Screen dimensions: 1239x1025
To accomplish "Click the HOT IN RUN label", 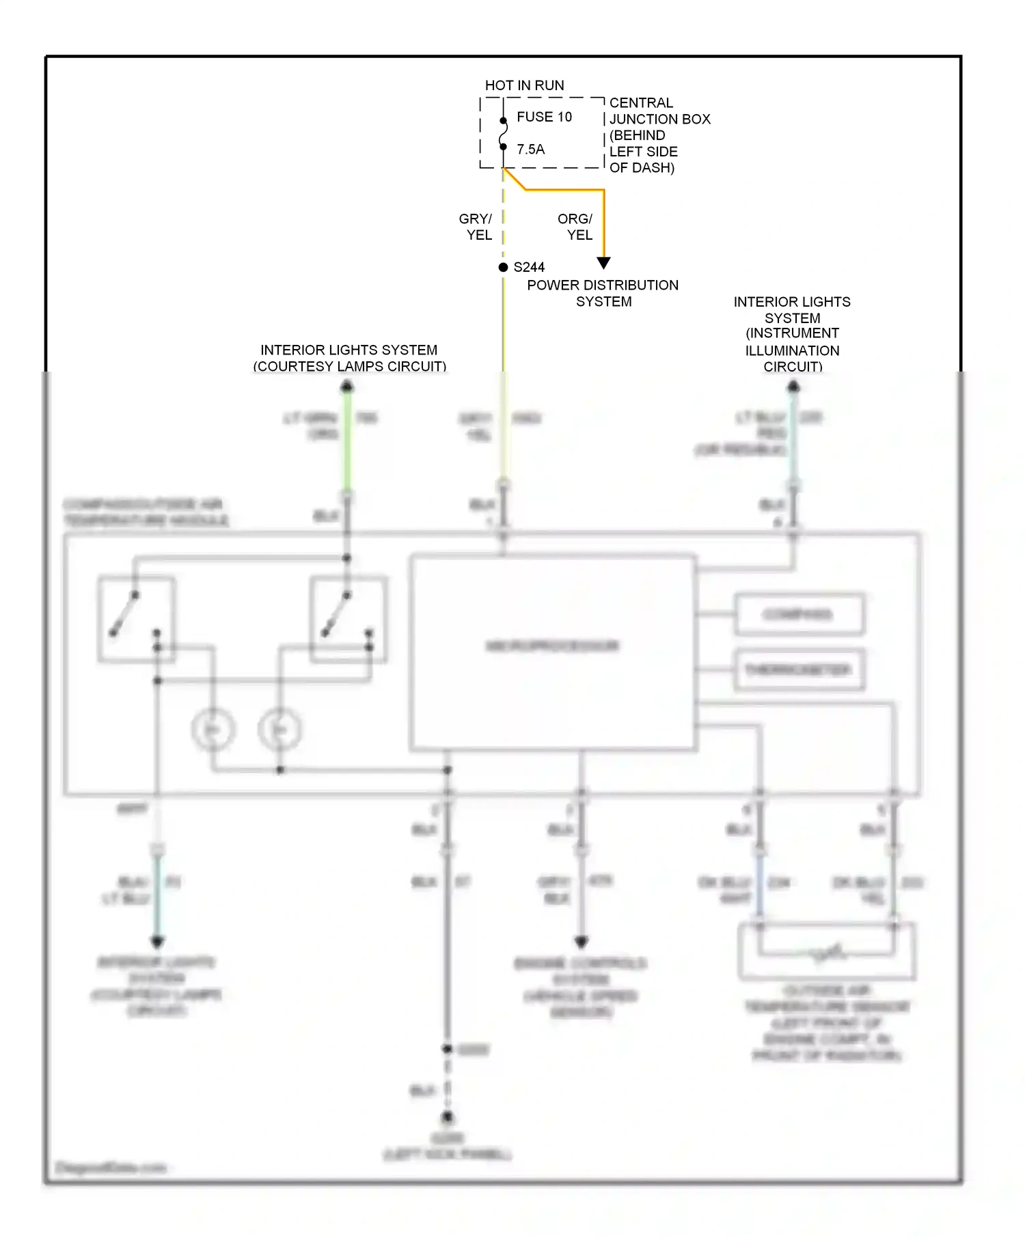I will click(x=524, y=85).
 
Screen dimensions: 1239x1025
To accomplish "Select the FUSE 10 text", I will click(x=544, y=117).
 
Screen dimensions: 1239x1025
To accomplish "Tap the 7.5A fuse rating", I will click(x=530, y=149).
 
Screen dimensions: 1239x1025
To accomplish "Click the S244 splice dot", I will click(x=503, y=267).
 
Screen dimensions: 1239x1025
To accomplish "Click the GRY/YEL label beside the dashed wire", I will click(x=476, y=227).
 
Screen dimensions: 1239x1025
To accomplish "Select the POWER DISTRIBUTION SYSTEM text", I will click(x=603, y=293).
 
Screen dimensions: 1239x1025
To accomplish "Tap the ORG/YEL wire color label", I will click(x=575, y=227).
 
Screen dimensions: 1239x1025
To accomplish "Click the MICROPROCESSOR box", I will click(x=553, y=652).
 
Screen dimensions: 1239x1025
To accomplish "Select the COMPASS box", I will click(x=798, y=615).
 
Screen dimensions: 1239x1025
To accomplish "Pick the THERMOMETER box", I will click(x=798, y=670).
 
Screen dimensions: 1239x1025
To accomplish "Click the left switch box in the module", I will click(x=136, y=619).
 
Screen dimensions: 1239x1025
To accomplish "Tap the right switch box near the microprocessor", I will click(x=348, y=619).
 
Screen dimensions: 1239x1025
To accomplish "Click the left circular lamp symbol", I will click(x=213, y=729).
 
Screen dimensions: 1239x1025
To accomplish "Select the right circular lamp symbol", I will click(x=279, y=729).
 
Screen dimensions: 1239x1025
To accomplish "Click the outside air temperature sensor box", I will click(x=826, y=951).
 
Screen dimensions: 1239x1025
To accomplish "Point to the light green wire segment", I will click(x=347, y=444).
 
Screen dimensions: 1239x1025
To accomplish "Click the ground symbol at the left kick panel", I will click(x=447, y=1118).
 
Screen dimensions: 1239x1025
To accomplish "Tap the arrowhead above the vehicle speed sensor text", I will click(x=581, y=942).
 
